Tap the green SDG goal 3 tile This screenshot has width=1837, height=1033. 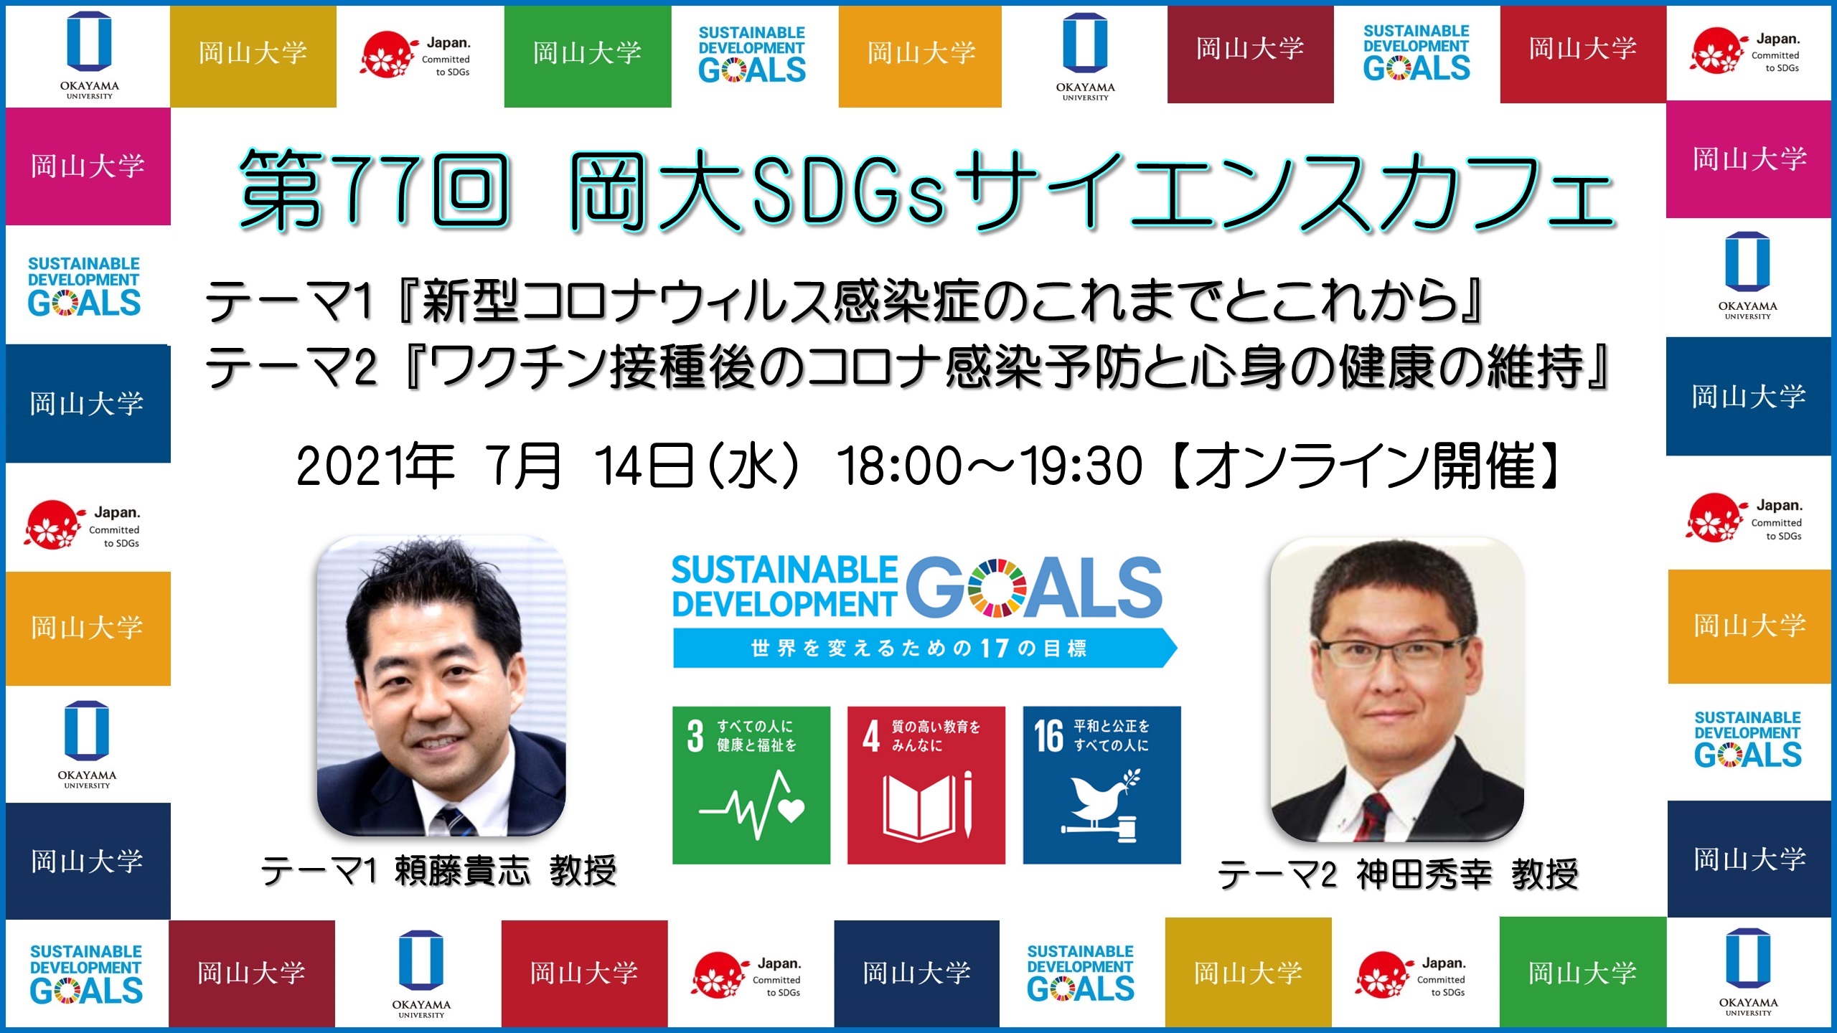pos(751,785)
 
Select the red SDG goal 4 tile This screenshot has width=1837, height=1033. pos(926,785)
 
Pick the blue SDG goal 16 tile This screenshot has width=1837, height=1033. pos(1101,785)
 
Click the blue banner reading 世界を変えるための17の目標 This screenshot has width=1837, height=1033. pos(922,648)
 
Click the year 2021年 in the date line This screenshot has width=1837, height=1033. pos(375,466)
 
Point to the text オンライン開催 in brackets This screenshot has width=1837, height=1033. pos(1363,466)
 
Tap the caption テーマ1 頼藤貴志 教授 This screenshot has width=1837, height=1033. pos(438,872)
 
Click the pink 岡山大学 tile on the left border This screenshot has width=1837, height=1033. pos(88,166)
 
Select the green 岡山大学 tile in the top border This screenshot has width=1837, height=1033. pos(587,55)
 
